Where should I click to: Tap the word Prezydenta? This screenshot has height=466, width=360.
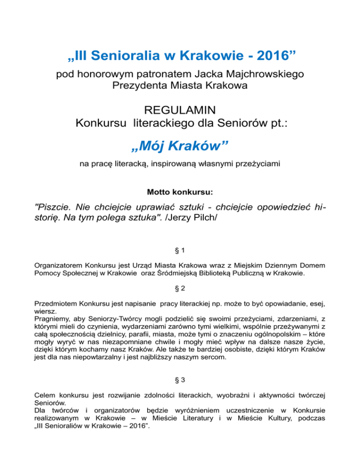tap(142, 86)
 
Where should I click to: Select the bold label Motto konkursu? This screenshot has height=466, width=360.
tap(180, 192)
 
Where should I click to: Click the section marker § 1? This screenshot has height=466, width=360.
tap(180, 252)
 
